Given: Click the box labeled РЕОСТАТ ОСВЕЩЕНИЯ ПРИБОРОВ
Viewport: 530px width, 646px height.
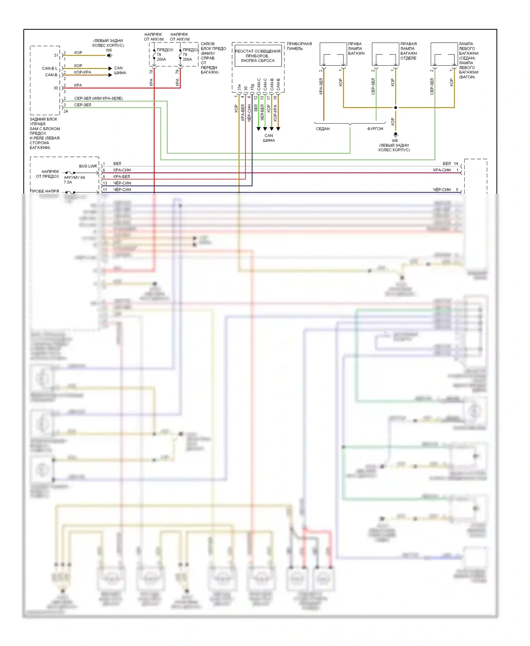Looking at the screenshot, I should click(258, 56).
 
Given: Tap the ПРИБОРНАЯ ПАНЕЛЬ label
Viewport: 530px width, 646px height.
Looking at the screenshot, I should click(299, 46).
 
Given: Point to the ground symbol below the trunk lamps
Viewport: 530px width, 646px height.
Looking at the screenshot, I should click(395, 135).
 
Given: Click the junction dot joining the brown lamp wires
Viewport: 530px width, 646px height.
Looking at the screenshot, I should click(395, 107).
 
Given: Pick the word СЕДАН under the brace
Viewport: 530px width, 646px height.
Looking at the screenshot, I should click(323, 129).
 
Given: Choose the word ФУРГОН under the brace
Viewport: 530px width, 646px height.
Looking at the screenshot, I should click(375, 129).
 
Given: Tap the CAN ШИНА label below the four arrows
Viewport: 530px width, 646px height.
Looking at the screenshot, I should click(269, 138).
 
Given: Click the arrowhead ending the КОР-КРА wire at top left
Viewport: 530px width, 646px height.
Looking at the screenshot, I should click(110, 75).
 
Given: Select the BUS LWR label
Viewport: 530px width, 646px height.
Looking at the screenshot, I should click(88, 166).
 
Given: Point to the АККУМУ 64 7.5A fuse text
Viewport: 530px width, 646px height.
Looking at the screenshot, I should click(74, 180).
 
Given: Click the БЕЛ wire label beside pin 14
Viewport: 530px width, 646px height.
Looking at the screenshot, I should click(447, 164).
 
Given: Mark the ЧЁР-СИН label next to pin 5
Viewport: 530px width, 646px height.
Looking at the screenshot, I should click(442, 190).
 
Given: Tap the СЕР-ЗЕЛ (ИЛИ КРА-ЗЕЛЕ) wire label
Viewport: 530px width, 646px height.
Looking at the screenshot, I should click(98, 98).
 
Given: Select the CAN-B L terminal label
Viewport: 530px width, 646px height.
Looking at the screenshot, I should click(49, 68).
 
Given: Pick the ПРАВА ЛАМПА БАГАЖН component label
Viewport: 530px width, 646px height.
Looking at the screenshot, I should click(356, 49).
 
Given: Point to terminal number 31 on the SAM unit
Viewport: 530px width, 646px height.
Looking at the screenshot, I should click(56, 55).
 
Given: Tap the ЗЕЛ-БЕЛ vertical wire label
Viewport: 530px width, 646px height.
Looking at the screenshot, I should click(262, 112).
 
